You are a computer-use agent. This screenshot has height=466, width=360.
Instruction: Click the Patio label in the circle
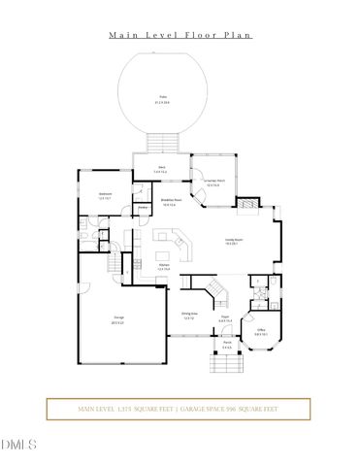pos(163,98)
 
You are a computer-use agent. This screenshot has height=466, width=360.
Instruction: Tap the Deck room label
pos(163,169)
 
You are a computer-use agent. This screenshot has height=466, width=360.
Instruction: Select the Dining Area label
pos(190,315)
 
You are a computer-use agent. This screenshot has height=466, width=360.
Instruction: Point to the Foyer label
pos(223,317)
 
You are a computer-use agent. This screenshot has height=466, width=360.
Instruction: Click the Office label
pos(261,330)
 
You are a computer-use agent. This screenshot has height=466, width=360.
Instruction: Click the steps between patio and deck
pos(164,142)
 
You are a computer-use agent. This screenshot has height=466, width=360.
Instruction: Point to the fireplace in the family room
pos(250,205)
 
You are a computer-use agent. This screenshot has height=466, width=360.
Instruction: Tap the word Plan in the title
pos(238,35)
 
